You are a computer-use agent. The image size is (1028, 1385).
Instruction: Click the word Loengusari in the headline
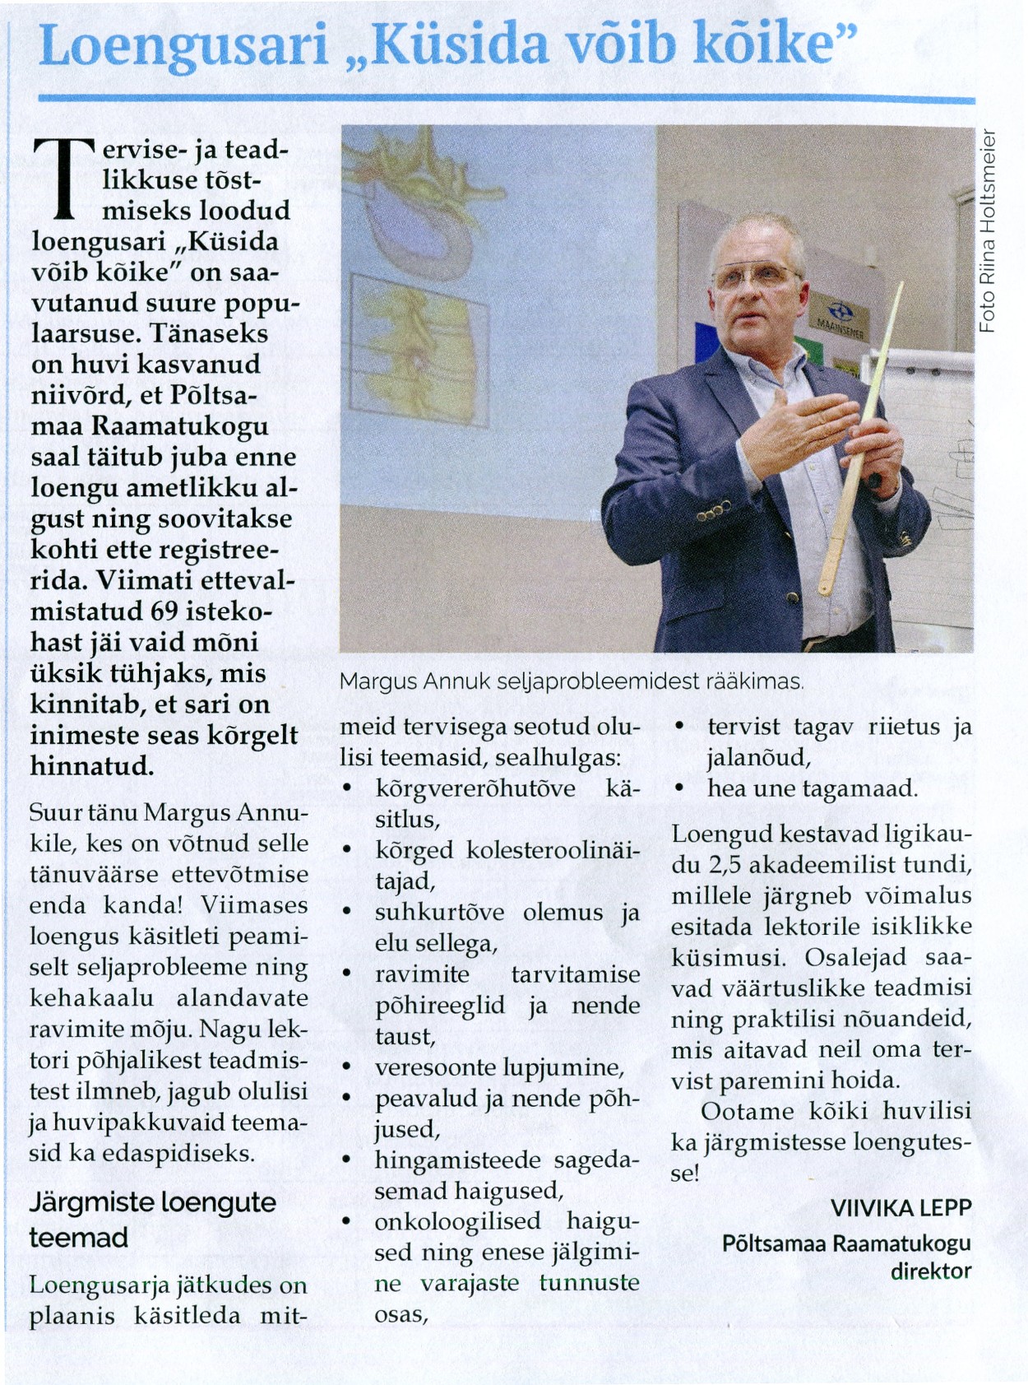[x=183, y=45]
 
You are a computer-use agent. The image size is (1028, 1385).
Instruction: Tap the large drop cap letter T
[x=63, y=179]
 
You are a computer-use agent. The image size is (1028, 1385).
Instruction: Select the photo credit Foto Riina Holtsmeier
[x=987, y=232]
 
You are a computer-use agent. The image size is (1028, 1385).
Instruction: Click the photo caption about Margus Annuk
[x=571, y=681]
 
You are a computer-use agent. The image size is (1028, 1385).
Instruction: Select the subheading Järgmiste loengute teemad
[x=152, y=1220]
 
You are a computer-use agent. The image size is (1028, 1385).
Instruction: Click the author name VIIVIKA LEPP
[x=901, y=1207]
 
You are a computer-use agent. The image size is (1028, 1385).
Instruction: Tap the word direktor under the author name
[x=930, y=1271]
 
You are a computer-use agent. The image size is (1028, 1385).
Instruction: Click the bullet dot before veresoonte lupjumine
[x=347, y=1067]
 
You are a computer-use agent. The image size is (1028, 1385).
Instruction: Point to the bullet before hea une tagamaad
[x=679, y=788]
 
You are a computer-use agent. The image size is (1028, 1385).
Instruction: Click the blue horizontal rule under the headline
[x=506, y=100]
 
